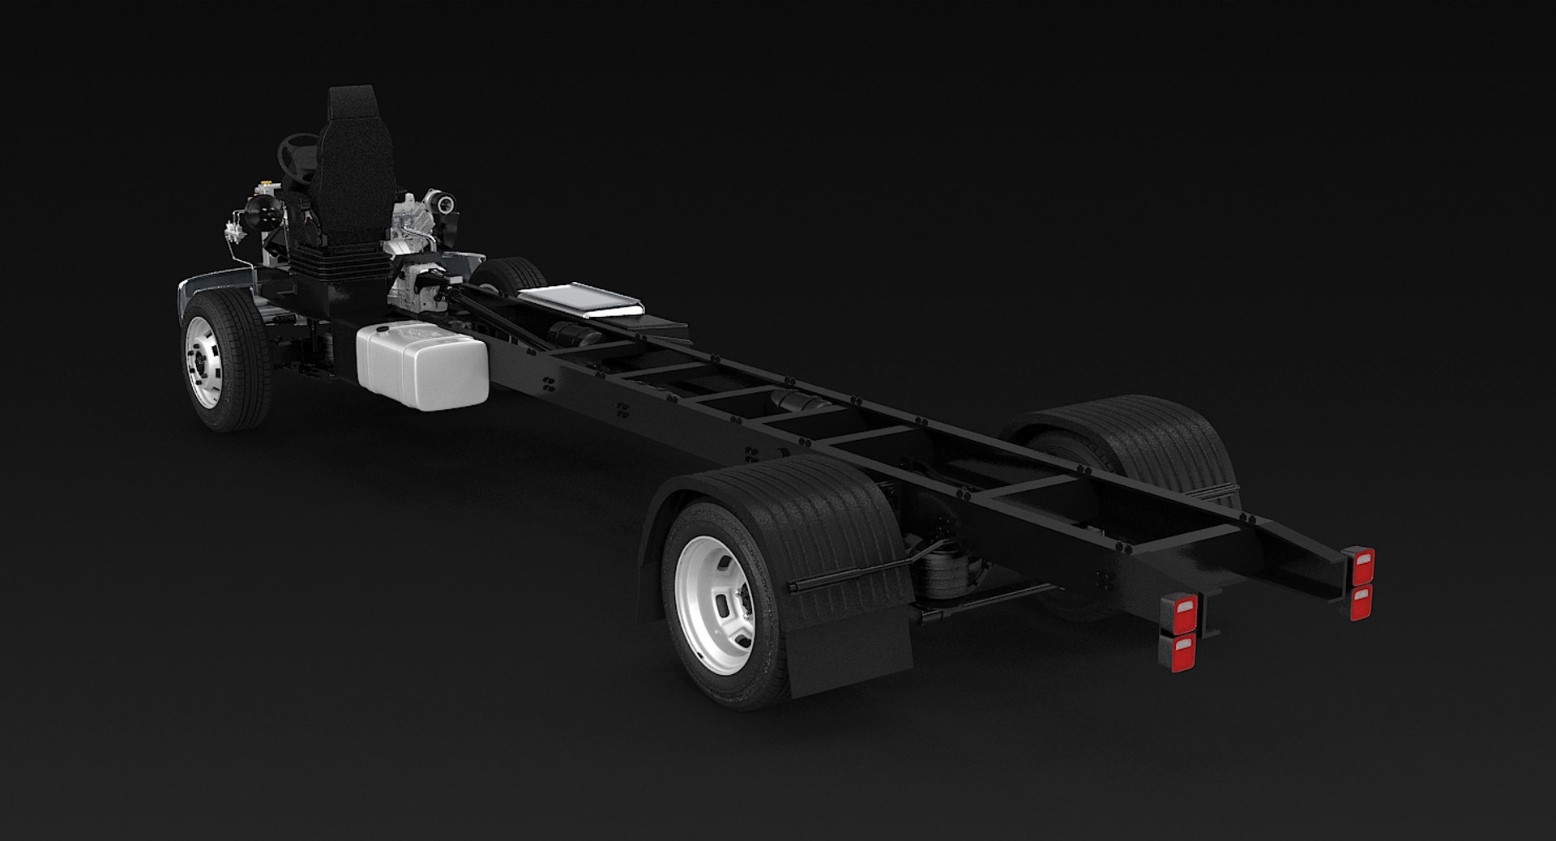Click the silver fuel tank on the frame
[421, 365]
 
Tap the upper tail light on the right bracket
[1362, 561]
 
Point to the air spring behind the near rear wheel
[943, 587]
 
